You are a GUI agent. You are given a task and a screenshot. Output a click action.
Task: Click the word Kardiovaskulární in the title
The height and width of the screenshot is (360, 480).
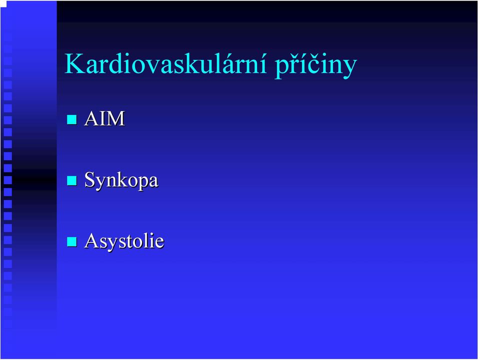[x=165, y=63]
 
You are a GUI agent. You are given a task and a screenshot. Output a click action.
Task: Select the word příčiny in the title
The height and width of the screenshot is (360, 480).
[x=316, y=65]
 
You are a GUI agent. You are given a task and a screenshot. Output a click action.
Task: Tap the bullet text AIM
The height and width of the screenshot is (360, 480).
[x=104, y=118]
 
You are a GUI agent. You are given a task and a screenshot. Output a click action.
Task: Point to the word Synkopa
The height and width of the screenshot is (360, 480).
[x=121, y=180]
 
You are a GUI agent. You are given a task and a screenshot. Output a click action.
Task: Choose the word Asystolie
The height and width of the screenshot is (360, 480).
[x=124, y=241]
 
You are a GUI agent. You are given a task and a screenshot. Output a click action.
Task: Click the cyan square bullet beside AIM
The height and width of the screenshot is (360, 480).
[x=71, y=119]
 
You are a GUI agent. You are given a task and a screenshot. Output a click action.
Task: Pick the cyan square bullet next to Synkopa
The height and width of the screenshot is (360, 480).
[x=71, y=180]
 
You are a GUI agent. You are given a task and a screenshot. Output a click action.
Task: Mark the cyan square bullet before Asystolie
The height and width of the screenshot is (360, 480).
[x=71, y=242]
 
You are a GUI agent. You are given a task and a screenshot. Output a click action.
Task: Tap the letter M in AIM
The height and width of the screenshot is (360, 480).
[x=115, y=118]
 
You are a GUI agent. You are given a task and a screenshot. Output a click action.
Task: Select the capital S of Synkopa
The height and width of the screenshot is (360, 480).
[x=89, y=179]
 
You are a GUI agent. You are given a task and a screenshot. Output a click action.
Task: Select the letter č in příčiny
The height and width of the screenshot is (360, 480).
[x=315, y=64]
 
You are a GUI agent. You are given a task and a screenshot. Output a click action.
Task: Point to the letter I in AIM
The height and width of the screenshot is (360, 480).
[x=102, y=118]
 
